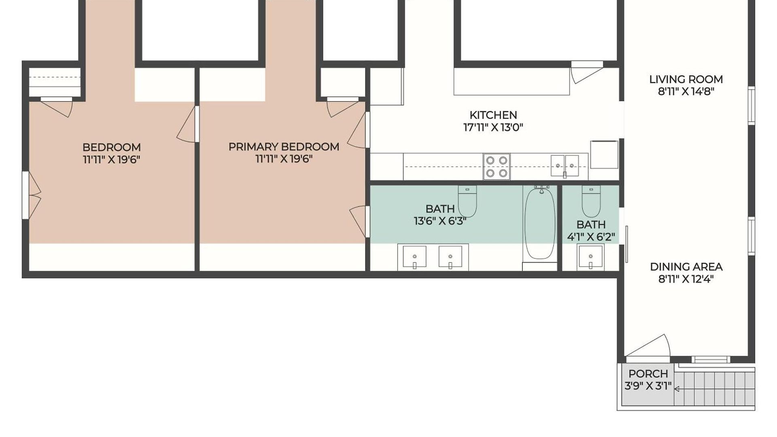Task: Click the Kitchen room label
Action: (x=493, y=115)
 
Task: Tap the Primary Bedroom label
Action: (x=284, y=146)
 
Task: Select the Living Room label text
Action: (x=686, y=79)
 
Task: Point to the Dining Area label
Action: (x=686, y=267)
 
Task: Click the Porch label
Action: (x=648, y=373)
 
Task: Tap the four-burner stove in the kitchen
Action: (x=497, y=167)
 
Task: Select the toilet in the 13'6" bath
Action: (x=467, y=201)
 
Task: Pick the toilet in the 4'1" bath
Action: (x=591, y=202)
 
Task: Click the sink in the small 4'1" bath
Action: (x=590, y=257)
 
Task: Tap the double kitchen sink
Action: (x=565, y=165)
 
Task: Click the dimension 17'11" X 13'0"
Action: (x=493, y=127)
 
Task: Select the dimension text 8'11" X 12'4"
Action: (x=686, y=279)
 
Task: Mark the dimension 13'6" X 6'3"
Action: (x=440, y=221)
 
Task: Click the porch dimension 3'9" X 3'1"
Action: (x=648, y=386)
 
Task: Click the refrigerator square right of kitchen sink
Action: (x=604, y=154)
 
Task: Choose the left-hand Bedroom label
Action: (x=112, y=147)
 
